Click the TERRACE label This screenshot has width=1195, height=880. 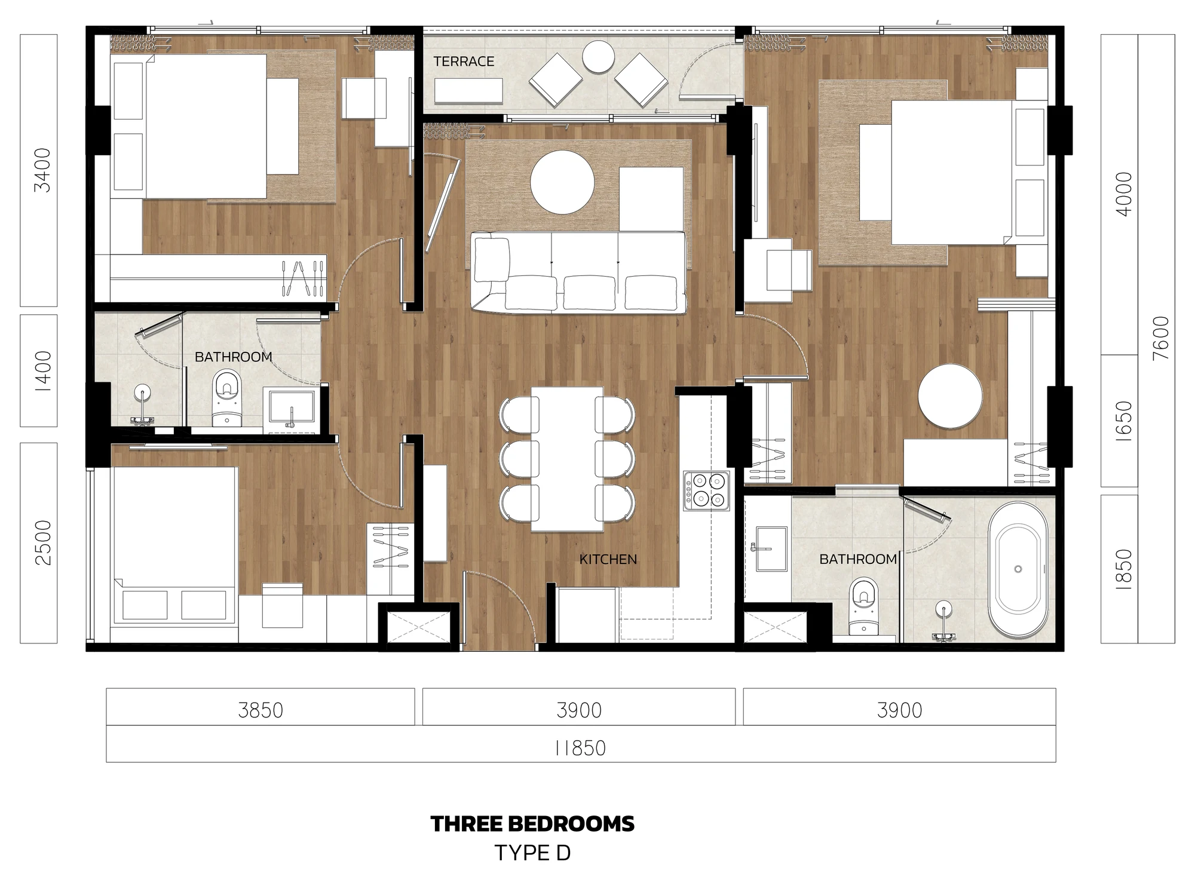[464, 62]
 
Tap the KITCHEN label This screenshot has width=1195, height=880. [608, 559]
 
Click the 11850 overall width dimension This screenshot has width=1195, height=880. [580, 748]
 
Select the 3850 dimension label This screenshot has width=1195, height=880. [260, 710]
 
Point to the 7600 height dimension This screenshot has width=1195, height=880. [1161, 338]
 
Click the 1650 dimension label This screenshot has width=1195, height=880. [1124, 421]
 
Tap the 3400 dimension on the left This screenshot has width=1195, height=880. [43, 170]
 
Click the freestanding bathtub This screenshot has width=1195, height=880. [1018, 569]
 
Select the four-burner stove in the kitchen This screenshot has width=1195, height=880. [707, 490]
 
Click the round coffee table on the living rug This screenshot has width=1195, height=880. [562, 182]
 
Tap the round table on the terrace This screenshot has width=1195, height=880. [598, 57]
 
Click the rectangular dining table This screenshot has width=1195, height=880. [567, 459]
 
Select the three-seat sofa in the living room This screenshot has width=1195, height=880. [578, 272]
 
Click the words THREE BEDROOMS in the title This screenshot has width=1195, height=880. [532, 824]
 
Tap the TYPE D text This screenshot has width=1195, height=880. [532, 853]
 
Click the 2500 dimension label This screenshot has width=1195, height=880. [43, 542]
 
